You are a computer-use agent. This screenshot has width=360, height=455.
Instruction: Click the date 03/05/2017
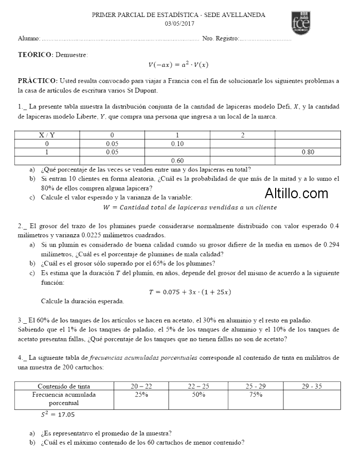tap(179, 23)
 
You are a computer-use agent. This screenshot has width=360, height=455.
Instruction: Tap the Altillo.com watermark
tap(296, 194)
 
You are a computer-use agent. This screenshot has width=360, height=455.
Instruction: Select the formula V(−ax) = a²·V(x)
tap(178, 64)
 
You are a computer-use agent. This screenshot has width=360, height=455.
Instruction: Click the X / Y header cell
tap(47, 135)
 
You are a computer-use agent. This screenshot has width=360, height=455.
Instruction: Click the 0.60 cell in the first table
tap(177, 160)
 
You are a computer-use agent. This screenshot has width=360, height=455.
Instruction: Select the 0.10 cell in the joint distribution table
tap(177, 144)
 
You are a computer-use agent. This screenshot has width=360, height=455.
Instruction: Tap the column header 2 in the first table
tap(242, 135)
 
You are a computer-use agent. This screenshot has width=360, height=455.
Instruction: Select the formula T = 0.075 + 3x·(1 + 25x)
tap(190, 292)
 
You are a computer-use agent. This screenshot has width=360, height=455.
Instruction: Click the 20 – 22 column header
tap(141, 386)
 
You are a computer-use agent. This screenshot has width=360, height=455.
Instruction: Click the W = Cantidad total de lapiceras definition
tap(190, 207)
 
